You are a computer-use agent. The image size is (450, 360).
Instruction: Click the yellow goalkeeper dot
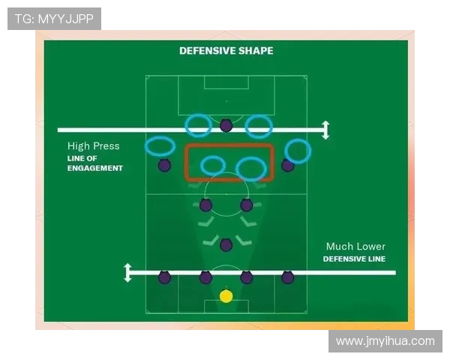(x=226, y=296)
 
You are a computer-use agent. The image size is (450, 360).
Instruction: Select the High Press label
(x=93, y=146)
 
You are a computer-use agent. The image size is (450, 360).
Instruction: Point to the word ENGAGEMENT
(x=94, y=168)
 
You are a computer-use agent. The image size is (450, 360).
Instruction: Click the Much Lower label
(x=355, y=246)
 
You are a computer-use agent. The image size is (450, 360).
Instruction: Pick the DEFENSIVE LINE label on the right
(x=354, y=259)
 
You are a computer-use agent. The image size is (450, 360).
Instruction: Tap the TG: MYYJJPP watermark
(x=54, y=19)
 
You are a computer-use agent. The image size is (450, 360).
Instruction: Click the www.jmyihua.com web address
(x=385, y=341)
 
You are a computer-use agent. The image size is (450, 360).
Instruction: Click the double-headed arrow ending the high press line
(x=325, y=130)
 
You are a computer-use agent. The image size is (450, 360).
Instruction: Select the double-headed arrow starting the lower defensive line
(x=128, y=272)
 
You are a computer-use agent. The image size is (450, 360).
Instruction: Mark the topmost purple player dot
(x=226, y=125)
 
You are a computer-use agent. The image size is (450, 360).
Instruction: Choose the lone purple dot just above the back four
(x=226, y=244)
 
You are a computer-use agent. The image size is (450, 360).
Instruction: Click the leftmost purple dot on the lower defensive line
(x=164, y=277)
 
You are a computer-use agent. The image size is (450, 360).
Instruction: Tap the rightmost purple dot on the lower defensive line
(x=287, y=277)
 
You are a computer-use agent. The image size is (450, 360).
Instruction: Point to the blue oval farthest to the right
(x=298, y=151)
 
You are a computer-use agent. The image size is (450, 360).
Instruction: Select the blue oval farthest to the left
(x=160, y=145)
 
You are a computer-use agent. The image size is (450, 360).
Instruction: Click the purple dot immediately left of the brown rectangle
(x=164, y=165)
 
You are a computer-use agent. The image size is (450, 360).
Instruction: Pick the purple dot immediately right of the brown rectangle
(x=287, y=165)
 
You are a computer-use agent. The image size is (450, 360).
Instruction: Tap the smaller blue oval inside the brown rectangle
(x=213, y=165)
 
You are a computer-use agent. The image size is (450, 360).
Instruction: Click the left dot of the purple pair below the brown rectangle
(x=205, y=205)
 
